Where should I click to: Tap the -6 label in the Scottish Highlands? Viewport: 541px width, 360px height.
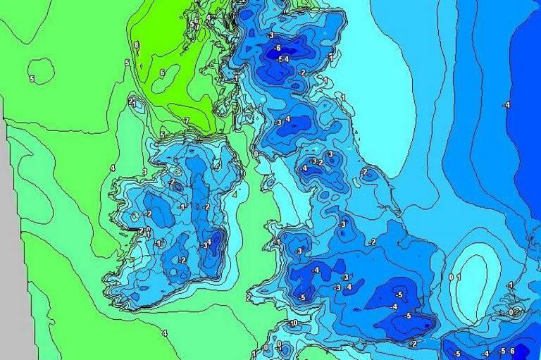(x=278, y=48)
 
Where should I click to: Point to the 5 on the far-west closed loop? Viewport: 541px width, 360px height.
(x=32, y=78)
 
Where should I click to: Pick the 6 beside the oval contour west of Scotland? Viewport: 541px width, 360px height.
(x=162, y=73)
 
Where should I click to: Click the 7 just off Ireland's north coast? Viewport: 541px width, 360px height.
(x=187, y=121)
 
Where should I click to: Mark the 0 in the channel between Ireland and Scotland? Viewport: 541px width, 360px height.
(x=256, y=154)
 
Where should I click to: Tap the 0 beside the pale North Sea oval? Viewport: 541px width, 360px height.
(x=452, y=277)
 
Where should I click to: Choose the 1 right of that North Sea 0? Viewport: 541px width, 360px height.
(x=459, y=277)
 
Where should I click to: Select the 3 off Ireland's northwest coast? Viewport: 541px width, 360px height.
(x=144, y=171)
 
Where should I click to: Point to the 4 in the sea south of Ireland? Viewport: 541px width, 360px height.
(x=165, y=333)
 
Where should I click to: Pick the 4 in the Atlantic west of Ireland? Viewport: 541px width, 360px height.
(x=113, y=168)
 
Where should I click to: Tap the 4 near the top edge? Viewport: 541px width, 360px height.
(x=209, y=17)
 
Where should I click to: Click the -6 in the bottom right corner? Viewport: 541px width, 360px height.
(x=512, y=351)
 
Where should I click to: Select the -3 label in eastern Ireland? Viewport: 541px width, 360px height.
(x=204, y=245)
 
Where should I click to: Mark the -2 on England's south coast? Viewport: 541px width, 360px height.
(x=413, y=344)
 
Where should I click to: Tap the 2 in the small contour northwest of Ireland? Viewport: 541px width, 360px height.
(x=131, y=101)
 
